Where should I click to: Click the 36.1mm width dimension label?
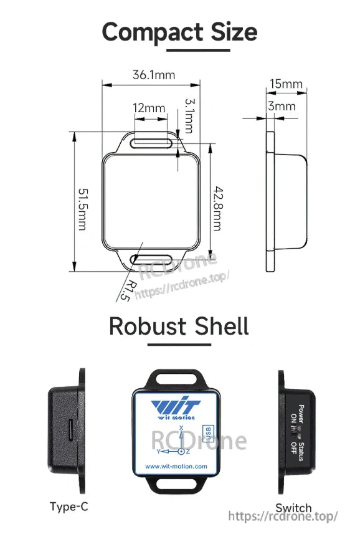tap(153, 75)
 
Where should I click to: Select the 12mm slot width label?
tap(149, 108)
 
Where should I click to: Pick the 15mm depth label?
tap(286, 84)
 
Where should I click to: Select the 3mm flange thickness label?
tap(282, 106)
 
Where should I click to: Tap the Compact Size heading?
tap(179, 32)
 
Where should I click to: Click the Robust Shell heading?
tap(179, 326)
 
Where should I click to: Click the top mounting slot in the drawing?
tap(151, 142)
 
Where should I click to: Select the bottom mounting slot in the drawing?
tap(151, 259)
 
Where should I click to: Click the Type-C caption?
tap(69, 507)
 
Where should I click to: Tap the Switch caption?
tap(293, 508)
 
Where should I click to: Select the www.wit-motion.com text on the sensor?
tap(176, 465)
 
